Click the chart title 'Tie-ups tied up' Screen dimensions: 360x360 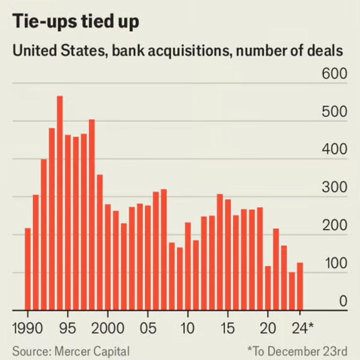click(x=76, y=22)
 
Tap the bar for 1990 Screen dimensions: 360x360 click(x=28, y=269)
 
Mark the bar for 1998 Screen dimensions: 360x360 click(x=92, y=215)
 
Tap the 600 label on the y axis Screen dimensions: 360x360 click(x=334, y=74)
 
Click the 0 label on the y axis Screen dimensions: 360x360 click(x=343, y=302)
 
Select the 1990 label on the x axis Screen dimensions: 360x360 click(x=28, y=328)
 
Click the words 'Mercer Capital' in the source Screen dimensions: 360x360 click(x=92, y=351)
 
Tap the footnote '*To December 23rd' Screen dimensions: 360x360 click(x=297, y=351)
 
